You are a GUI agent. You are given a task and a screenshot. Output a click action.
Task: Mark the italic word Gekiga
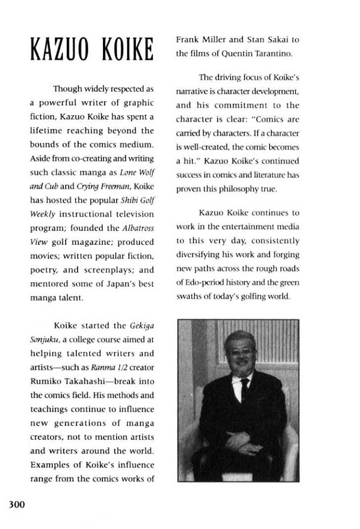coord(142,325)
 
